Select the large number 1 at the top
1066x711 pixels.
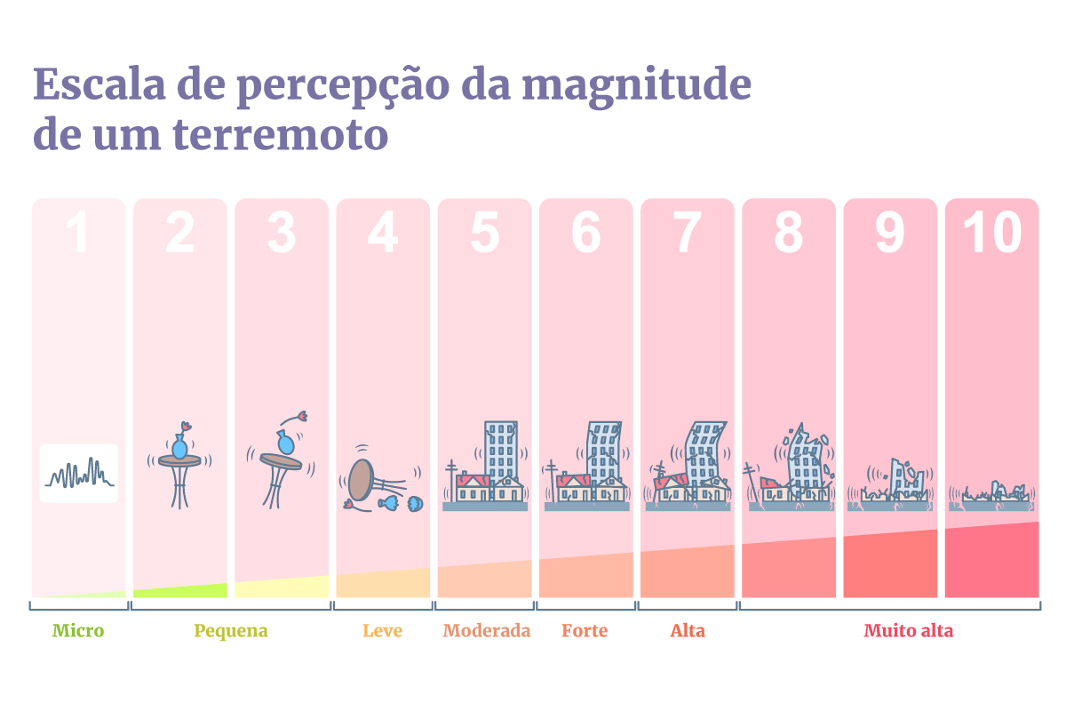pyautogui.click(x=78, y=233)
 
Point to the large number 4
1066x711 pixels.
pyautogui.click(x=383, y=233)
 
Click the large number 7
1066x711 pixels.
pyautogui.click(x=688, y=233)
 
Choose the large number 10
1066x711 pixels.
pyautogui.click(x=991, y=233)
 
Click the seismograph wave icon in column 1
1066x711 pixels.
pyautogui.click(x=79, y=474)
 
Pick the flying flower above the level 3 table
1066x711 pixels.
pyautogui.click(x=299, y=416)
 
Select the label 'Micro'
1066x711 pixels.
pyautogui.click(x=78, y=631)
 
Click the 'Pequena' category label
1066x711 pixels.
pyautogui.click(x=231, y=631)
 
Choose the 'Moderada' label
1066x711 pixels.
pyautogui.click(x=486, y=631)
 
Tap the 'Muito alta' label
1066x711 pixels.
pyautogui.click(x=908, y=631)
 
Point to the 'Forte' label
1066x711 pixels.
pyautogui.click(x=585, y=631)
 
